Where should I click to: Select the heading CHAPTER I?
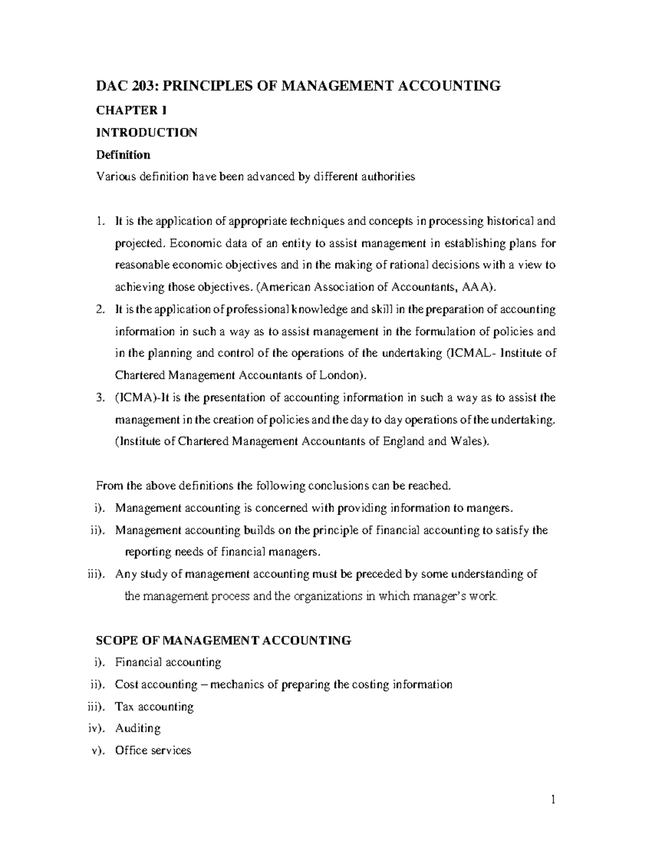131,110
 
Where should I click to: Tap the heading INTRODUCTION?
146,133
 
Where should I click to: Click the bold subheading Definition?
123,155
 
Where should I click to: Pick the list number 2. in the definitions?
99,309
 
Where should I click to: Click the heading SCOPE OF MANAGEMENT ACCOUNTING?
223,640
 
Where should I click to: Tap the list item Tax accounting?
154,707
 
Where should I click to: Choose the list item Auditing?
137,728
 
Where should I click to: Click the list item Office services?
153,751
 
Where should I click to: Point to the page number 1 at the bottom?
553,800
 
